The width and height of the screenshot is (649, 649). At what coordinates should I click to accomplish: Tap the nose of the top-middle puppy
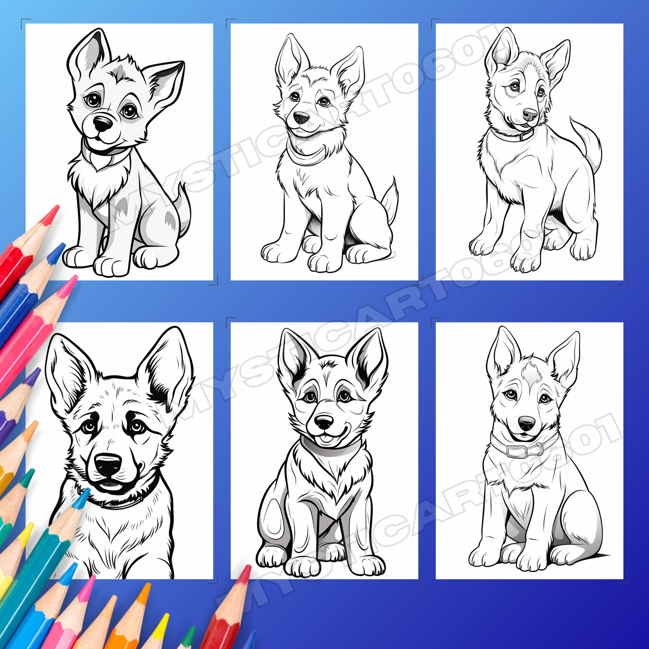point(301,117)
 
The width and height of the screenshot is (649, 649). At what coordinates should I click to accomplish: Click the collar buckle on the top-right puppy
point(522,137)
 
